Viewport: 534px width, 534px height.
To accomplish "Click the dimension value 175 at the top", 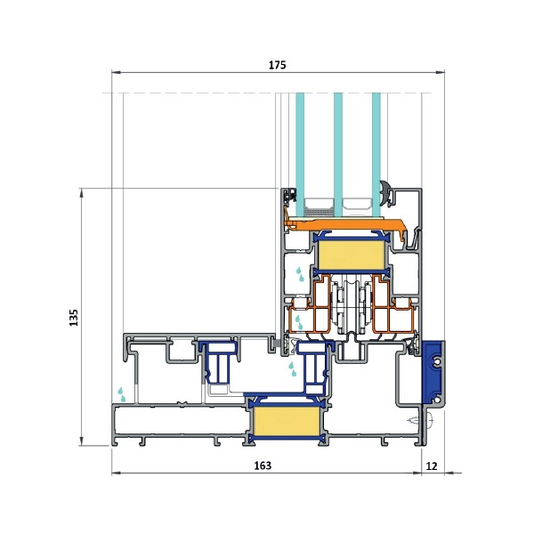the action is [277, 65].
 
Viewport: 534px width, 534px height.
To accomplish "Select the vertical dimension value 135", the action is [74, 318].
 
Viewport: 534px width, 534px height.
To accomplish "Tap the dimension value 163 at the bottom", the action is [263, 465].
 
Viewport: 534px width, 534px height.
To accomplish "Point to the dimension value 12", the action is [432, 465].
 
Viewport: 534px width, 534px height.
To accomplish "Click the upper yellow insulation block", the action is [351, 255].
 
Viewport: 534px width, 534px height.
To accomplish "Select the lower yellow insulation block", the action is [285, 421].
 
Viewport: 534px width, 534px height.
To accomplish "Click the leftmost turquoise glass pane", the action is [300, 155].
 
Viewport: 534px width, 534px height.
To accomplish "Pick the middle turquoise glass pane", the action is [338, 155].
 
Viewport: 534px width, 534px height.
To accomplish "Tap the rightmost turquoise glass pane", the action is [376, 155].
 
